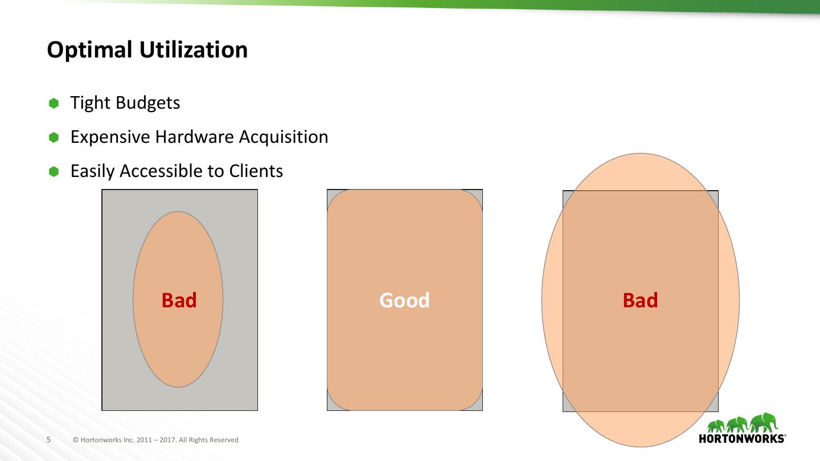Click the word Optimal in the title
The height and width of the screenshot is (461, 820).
click(x=90, y=50)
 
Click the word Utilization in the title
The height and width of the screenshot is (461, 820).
click(x=194, y=49)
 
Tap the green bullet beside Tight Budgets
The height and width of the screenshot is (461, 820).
click(x=54, y=103)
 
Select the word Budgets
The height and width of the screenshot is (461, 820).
click(x=148, y=103)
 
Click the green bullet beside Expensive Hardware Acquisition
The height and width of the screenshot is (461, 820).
click(x=54, y=138)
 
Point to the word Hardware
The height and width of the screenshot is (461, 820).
click(x=194, y=137)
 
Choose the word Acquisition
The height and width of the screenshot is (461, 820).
click(x=284, y=137)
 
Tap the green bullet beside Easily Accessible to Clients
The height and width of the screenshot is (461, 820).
click(x=54, y=172)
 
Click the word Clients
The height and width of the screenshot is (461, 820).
click(x=256, y=171)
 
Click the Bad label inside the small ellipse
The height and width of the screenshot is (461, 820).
click(x=179, y=301)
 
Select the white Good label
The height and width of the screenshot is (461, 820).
click(x=404, y=301)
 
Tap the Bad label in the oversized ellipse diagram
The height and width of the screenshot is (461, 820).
click(x=640, y=301)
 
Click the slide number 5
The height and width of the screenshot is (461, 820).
click(x=49, y=439)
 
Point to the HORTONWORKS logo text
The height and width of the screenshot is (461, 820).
click(x=742, y=438)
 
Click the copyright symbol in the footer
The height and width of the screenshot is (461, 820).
click(x=76, y=440)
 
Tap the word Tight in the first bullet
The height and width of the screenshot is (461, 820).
click(x=91, y=103)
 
